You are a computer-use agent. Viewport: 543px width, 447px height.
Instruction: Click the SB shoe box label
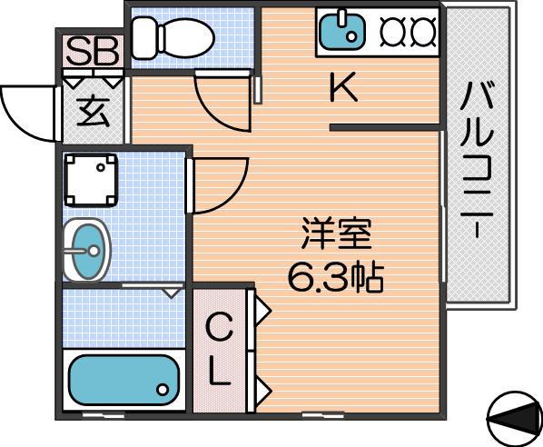pos(92,52)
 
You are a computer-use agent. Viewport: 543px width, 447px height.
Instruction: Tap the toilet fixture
pos(173,38)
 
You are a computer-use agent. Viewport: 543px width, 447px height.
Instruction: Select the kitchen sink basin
pos(342,30)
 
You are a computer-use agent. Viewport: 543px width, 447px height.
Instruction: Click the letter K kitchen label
pos(343,86)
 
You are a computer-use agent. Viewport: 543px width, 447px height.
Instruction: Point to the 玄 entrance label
pos(94,112)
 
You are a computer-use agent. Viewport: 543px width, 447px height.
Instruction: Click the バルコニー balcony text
pos(477,160)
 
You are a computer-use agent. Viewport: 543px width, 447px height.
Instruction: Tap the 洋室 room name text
pos(336,233)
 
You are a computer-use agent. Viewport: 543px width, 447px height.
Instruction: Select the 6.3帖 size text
pos(336,277)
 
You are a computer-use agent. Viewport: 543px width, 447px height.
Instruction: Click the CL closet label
pos(219,349)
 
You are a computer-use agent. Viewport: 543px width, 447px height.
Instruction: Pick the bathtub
pos(124,380)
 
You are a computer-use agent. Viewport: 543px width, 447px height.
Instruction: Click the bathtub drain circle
pos(163,390)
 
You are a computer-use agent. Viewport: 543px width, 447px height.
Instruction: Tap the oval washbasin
pos(86,250)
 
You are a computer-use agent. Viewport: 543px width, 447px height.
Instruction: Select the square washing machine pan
pos(91,180)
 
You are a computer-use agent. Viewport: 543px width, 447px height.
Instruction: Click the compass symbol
pos(514,419)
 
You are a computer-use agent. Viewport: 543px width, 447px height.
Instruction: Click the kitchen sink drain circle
pos(351,36)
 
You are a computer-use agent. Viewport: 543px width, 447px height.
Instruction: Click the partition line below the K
pos(384,128)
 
